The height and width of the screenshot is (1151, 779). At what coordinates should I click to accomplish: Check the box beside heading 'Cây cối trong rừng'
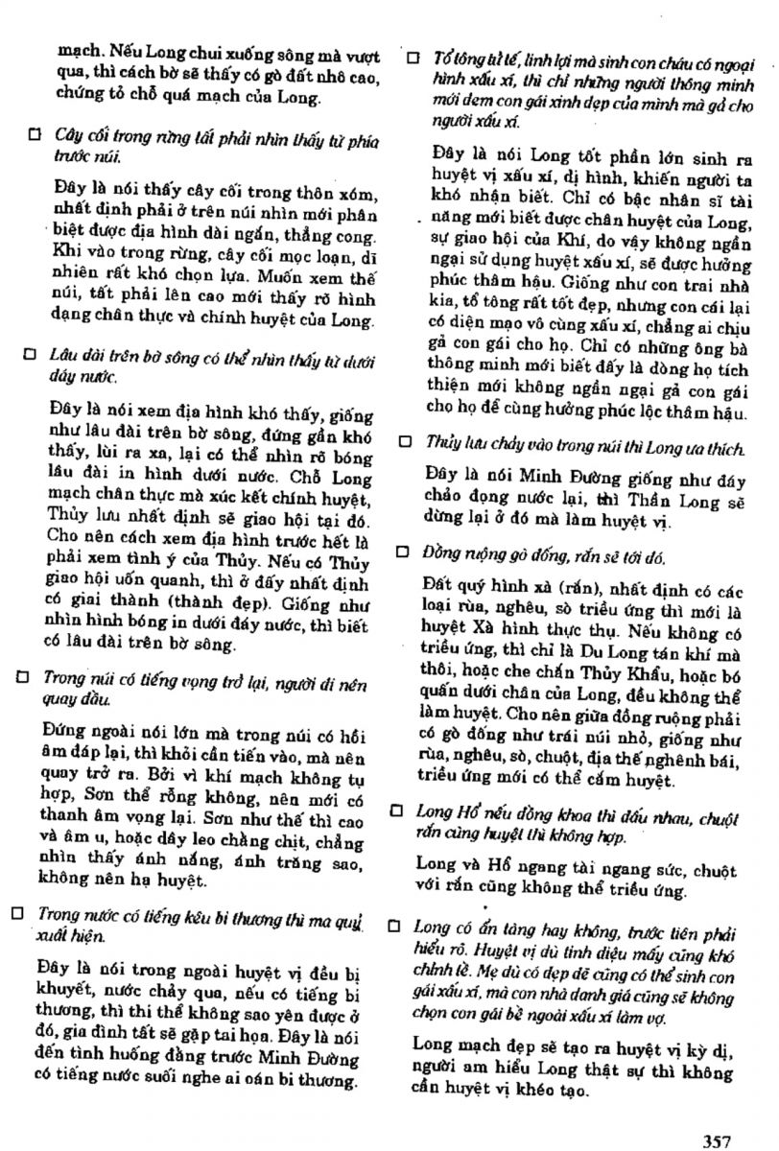click(x=35, y=137)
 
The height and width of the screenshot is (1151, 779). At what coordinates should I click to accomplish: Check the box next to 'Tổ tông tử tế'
click(x=413, y=58)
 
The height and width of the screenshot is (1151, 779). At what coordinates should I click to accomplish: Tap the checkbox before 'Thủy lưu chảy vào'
click(x=407, y=442)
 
